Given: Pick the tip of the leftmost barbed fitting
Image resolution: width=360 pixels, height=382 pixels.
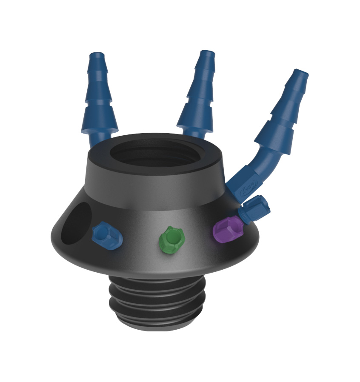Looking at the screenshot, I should click(x=97, y=56).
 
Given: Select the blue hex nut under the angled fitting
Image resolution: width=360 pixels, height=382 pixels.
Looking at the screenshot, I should click(x=254, y=208).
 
